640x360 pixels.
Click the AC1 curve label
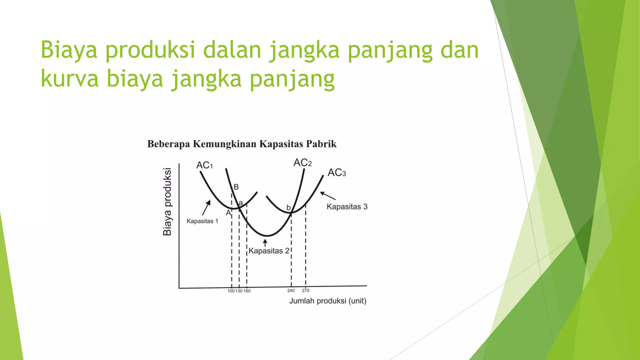[x=204, y=165]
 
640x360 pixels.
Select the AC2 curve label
[x=302, y=162]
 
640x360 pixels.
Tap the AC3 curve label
[x=337, y=172]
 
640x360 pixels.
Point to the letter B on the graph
[x=236, y=187]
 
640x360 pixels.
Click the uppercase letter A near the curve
[x=228, y=213]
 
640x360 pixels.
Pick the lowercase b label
[x=288, y=208]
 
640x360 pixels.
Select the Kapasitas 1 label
[x=202, y=221]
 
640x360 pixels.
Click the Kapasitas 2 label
[x=269, y=251]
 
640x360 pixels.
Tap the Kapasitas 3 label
[x=347, y=207]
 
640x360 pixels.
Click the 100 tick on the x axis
[x=231, y=291]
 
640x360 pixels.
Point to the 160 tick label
[x=247, y=291]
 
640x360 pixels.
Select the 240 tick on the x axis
[x=291, y=291]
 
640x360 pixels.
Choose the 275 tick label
[x=305, y=291]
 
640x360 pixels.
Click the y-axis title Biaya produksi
[x=167, y=202]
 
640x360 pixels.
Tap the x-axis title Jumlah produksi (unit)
[x=327, y=301]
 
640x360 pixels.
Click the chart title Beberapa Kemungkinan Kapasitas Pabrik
[x=242, y=144]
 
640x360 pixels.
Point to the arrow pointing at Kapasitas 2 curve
[x=265, y=242]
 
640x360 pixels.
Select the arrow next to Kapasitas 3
[x=328, y=196]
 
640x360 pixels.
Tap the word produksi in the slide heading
[x=150, y=50]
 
